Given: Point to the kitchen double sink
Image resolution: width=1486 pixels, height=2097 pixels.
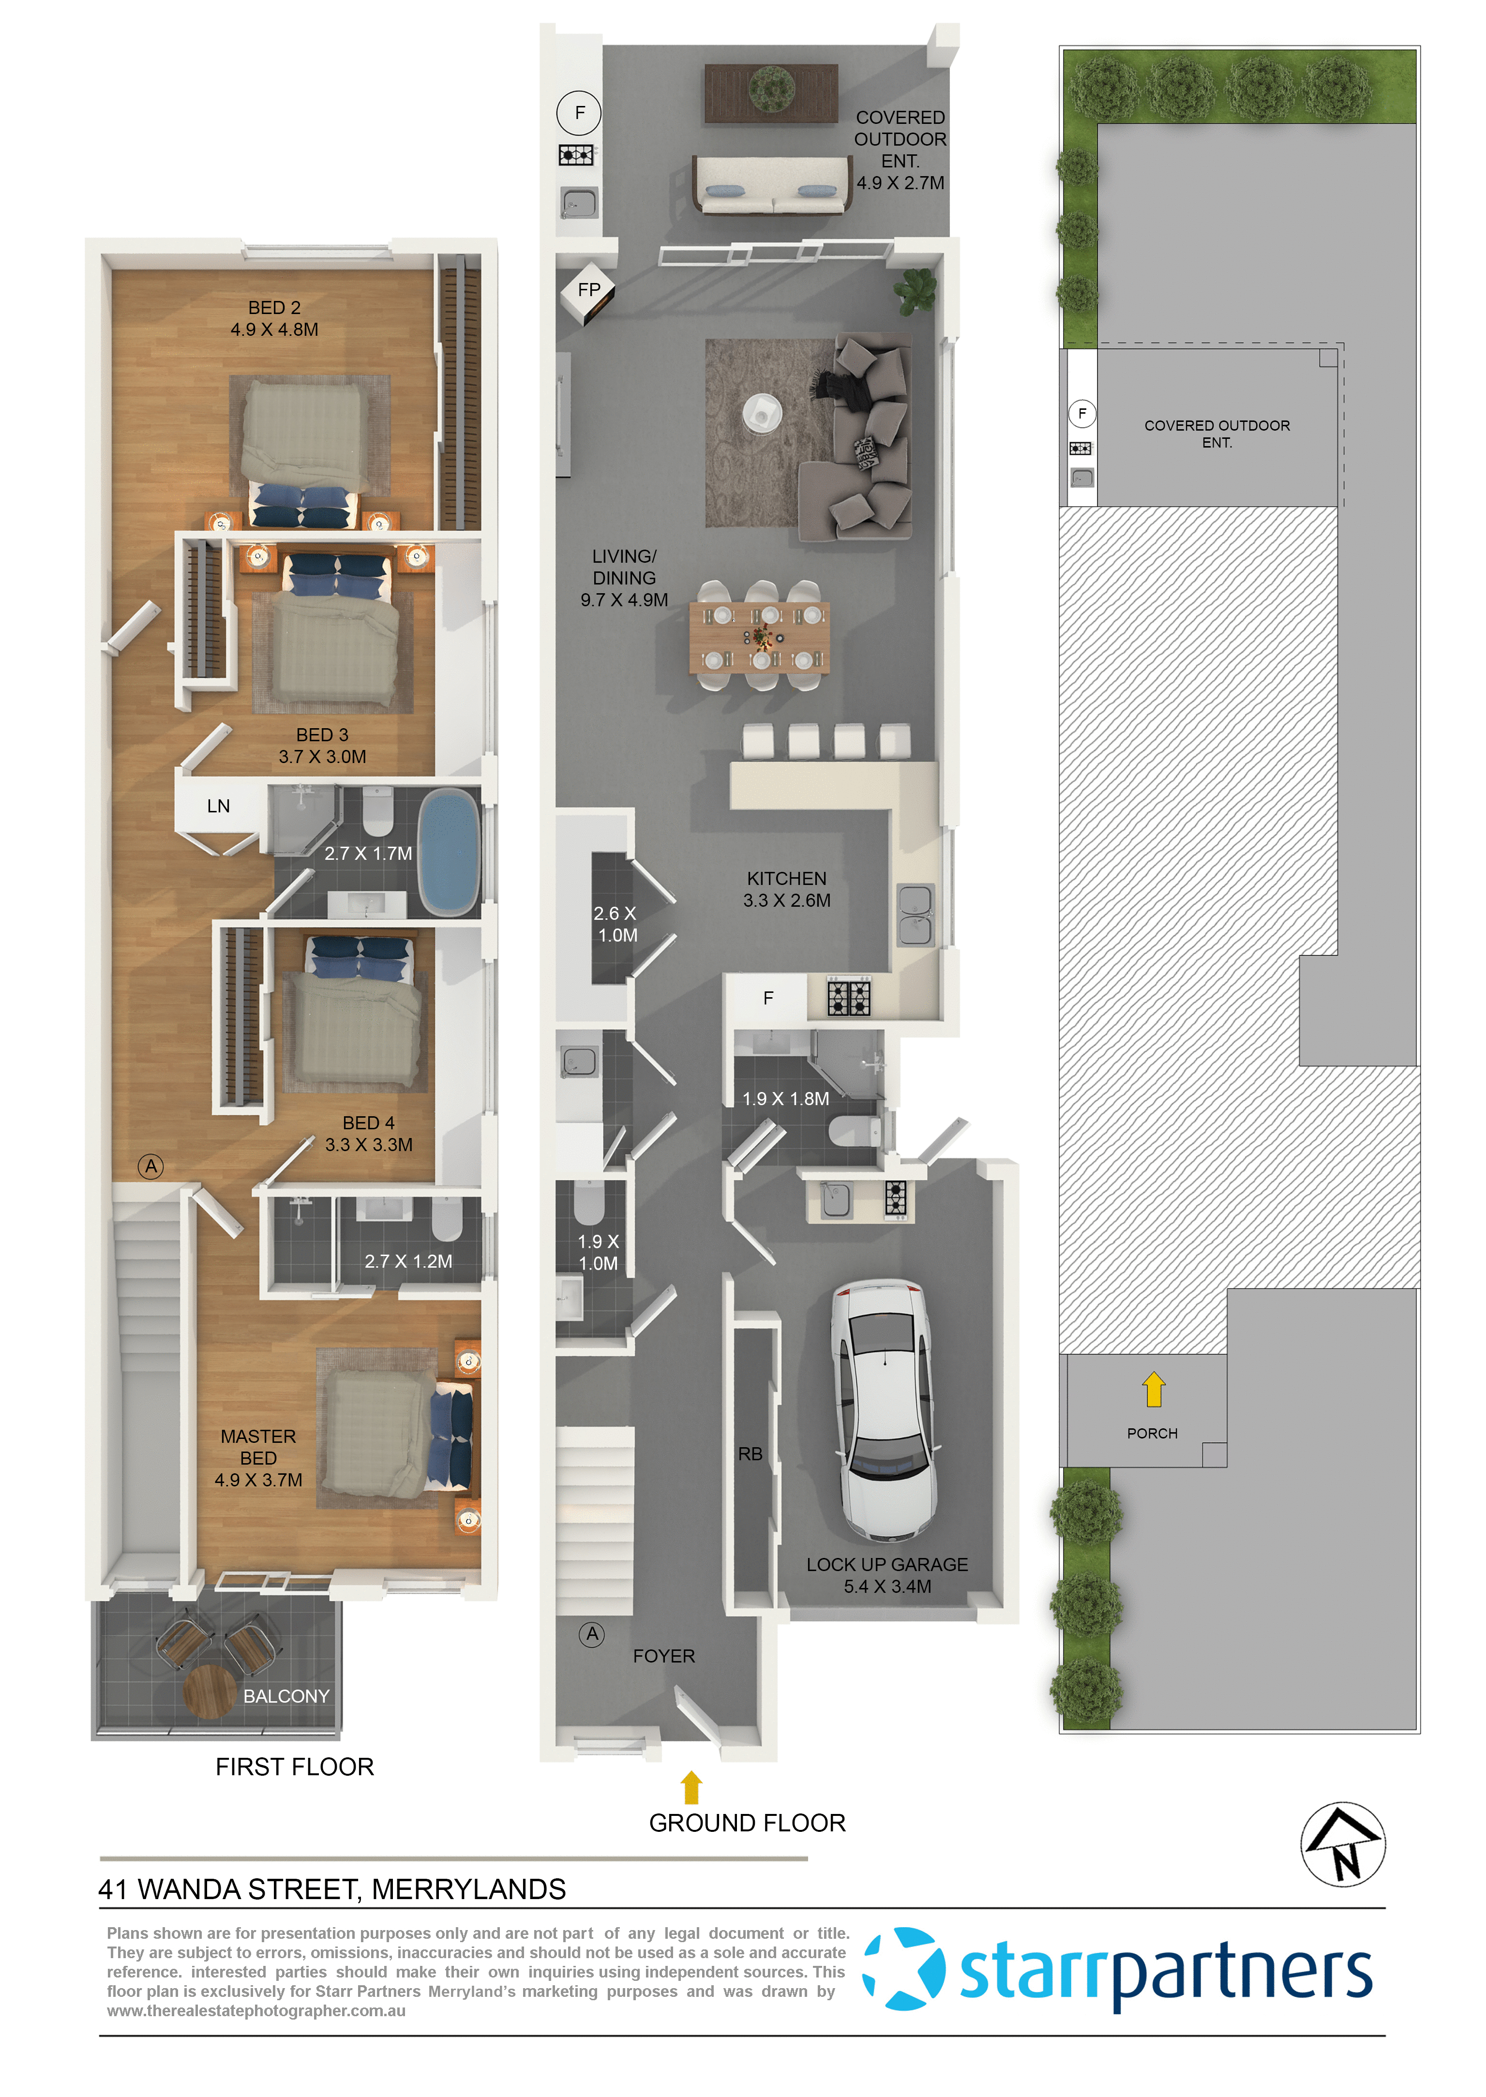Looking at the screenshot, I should click(915, 915).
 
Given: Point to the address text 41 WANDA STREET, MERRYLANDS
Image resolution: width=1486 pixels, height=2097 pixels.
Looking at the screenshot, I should click(332, 1889).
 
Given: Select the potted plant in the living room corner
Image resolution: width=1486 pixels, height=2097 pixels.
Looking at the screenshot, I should click(915, 289).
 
